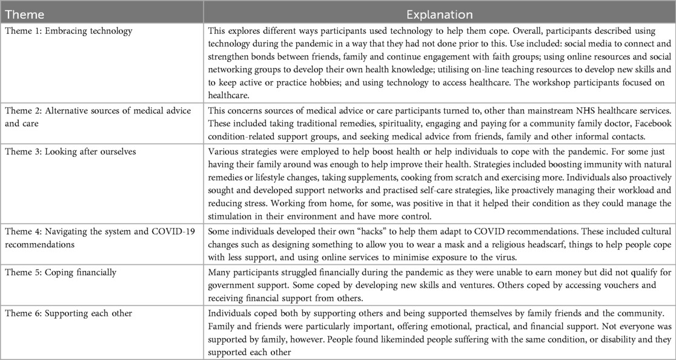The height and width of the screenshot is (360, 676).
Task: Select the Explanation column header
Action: pos(440,13)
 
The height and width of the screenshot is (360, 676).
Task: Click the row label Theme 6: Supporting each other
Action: pos(58,315)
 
